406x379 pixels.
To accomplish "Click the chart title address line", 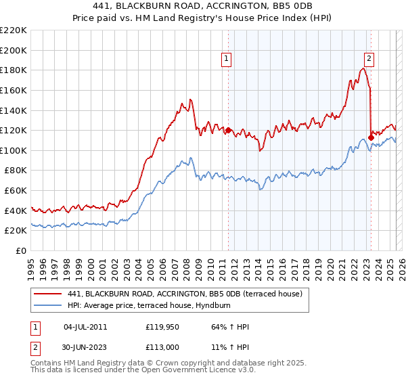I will coord(203,6).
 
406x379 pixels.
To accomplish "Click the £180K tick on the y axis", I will coord(14,70).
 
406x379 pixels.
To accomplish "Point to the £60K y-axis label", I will coord(16,190).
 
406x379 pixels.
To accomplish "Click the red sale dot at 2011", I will coord(228,130).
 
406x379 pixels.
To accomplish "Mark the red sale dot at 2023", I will coord(371,137).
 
